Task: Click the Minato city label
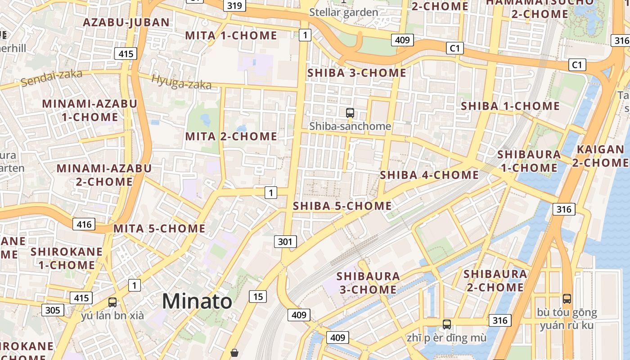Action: point(197,301)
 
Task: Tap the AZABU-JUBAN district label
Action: point(126,22)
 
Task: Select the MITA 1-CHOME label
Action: point(231,36)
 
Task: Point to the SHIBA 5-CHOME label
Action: point(342,206)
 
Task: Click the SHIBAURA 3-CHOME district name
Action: point(368,283)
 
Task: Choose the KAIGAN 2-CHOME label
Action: point(600,156)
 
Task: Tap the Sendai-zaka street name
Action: point(52,78)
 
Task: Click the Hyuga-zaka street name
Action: point(181,81)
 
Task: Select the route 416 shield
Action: point(84,224)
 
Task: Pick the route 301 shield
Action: point(285,242)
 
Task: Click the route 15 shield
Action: point(258,296)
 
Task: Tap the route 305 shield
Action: point(53,310)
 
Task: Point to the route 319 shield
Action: point(234,6)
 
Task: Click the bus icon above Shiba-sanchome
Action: point(350,113)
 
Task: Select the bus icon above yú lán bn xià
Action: point(112,302)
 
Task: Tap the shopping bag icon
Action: point(234,353)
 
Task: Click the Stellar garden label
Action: point(344,12)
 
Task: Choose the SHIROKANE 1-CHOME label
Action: point(67,258)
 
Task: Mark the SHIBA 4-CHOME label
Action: point(429,175)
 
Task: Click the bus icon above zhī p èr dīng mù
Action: point(446,324)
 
